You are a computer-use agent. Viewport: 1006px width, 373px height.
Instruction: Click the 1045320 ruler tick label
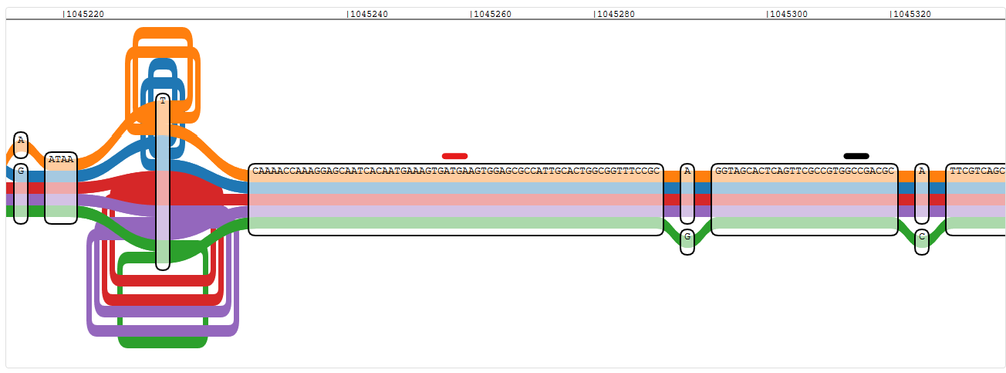pos(912,15)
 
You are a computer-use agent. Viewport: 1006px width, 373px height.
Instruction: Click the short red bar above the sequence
pos(455,156)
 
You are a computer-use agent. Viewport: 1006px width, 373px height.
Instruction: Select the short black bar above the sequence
pos(856,156)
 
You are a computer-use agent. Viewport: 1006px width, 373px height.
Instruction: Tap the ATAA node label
pos(61,159)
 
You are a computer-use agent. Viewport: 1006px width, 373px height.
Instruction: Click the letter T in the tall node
pos(163,100)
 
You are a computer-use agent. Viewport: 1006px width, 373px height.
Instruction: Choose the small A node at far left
pos(21,144)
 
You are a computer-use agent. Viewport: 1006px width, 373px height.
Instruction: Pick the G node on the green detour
pos(687,242)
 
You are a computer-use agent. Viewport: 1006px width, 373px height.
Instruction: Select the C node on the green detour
pos(922,242)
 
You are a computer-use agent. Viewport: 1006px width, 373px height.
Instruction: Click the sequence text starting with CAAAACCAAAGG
pos(456,171)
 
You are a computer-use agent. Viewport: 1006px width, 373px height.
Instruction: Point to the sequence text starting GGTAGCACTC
pos(805,171)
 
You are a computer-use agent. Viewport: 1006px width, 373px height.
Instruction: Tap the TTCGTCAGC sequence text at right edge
pos(977,171)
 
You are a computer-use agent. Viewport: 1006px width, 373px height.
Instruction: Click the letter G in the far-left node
pos(21,171)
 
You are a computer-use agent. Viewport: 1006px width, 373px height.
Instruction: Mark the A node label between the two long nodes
pos(687,171)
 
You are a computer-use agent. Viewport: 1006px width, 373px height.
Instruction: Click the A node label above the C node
pos(922,171)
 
